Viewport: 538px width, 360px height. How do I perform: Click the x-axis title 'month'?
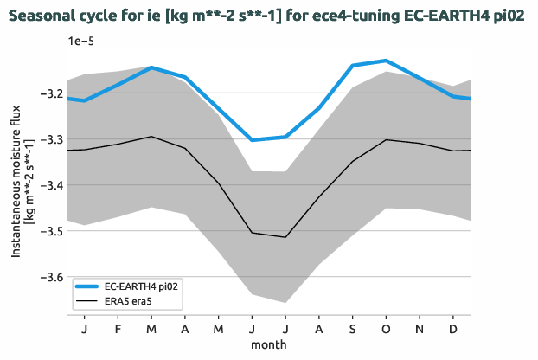pyautogui.click(x=269, y=344)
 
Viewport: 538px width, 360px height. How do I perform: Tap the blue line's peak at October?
pyautogui.click(x=386, y=61)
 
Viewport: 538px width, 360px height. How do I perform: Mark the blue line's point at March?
pyautogui.click(x=151, y=67)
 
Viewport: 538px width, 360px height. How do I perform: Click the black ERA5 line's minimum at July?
pyautogui.click(x=285, y=237)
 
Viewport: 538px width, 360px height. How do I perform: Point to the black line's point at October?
pyautogui.click(x=386, y=139)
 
